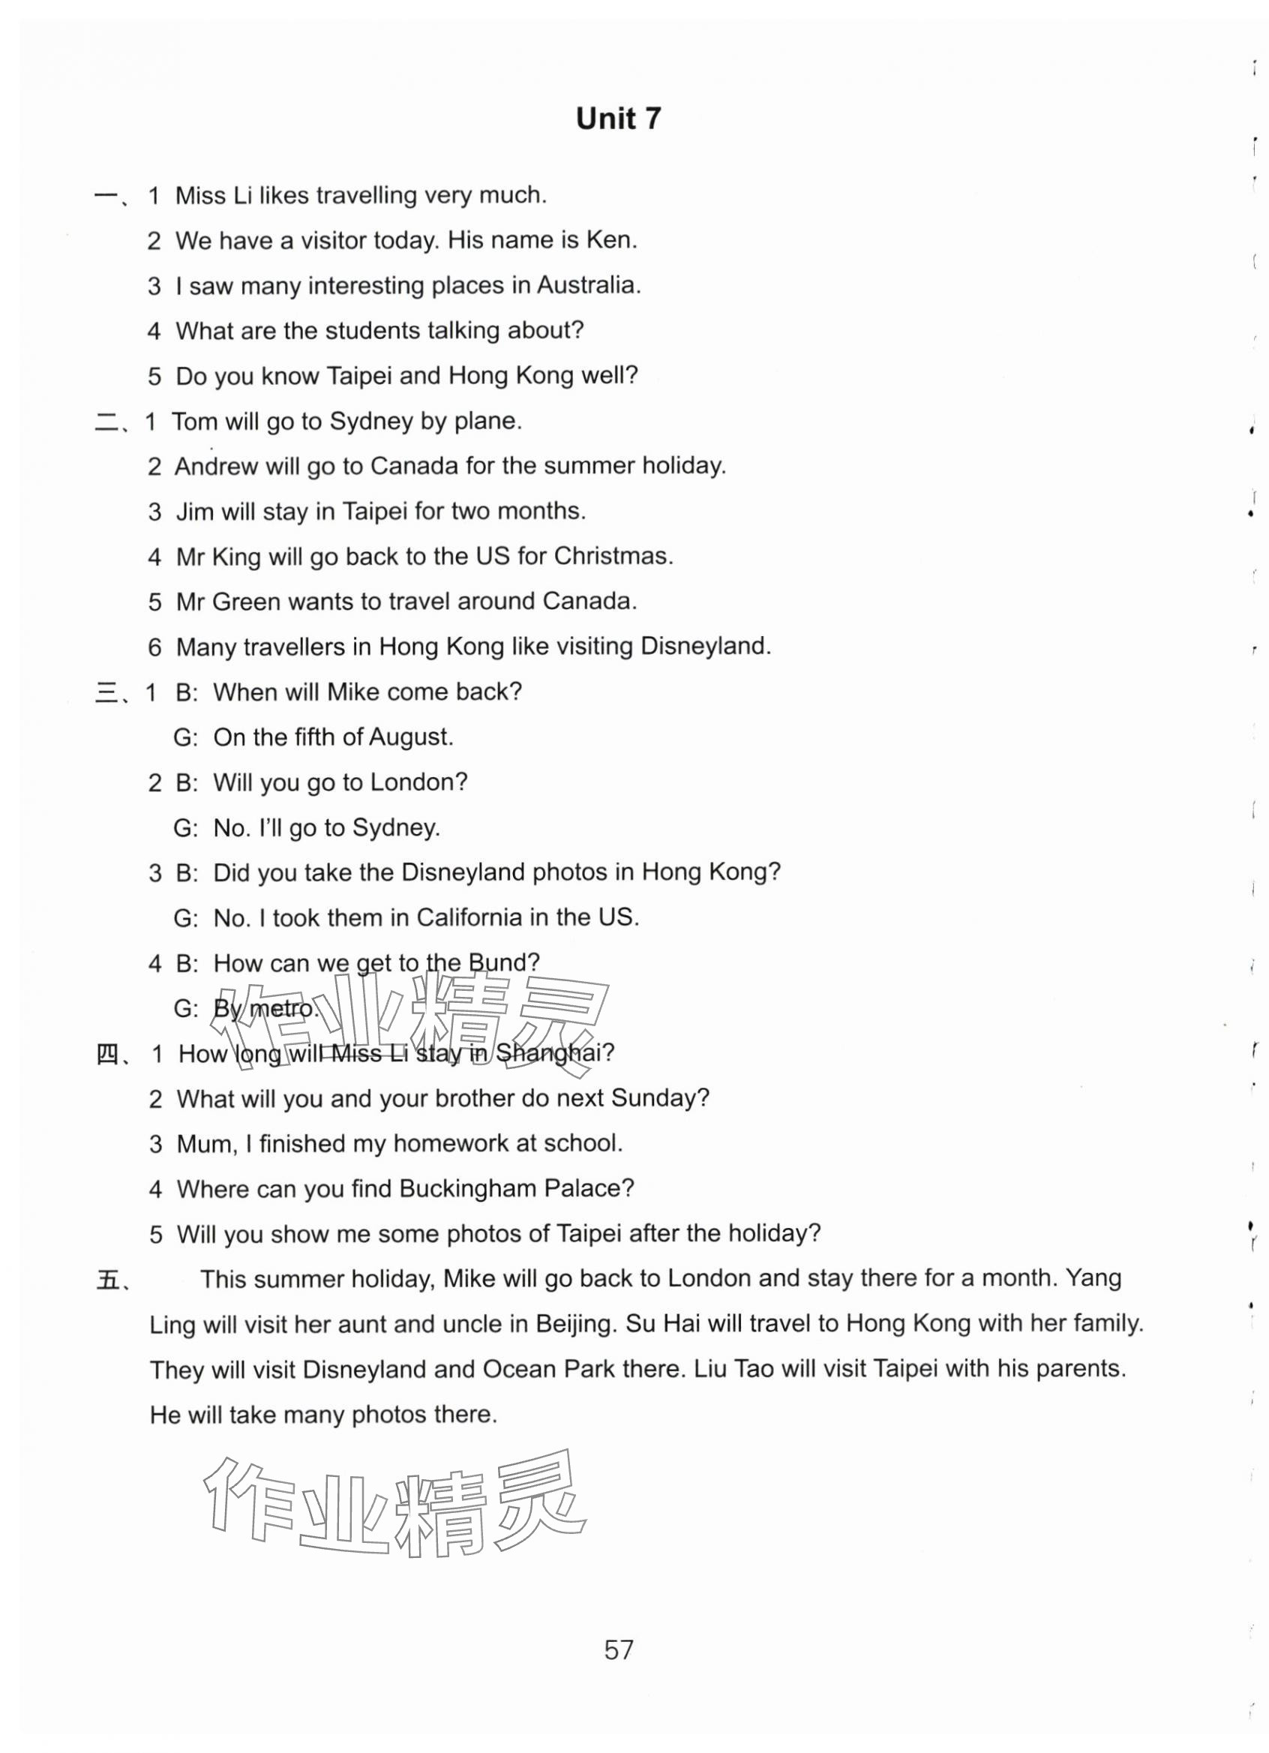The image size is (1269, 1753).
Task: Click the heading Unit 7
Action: (x=618, y=119)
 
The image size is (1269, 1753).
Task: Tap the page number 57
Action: (x=618, y=1649)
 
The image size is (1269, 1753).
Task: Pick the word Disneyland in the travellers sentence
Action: (x=705, y=646)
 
